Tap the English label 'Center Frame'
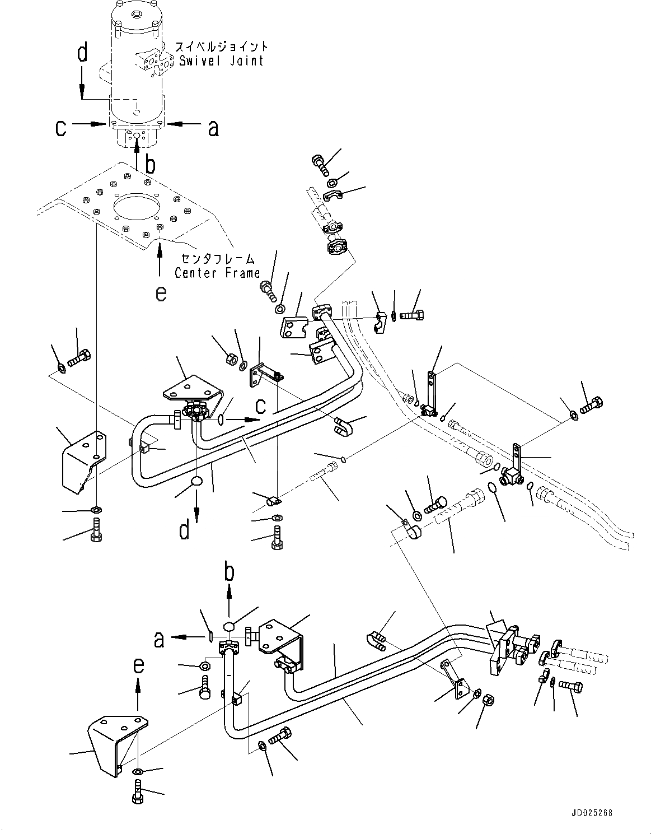point(217,273)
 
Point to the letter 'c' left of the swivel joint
point(61,128)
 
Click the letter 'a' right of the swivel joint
point(213,128)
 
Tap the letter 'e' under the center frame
point(161,293)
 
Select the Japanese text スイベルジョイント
point(222,46)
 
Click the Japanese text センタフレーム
point(218,259)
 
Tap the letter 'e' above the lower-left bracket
point(138,665)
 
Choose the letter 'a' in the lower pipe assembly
point(160,639)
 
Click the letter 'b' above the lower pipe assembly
point(229,572)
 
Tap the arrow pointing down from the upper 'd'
point(82,81)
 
